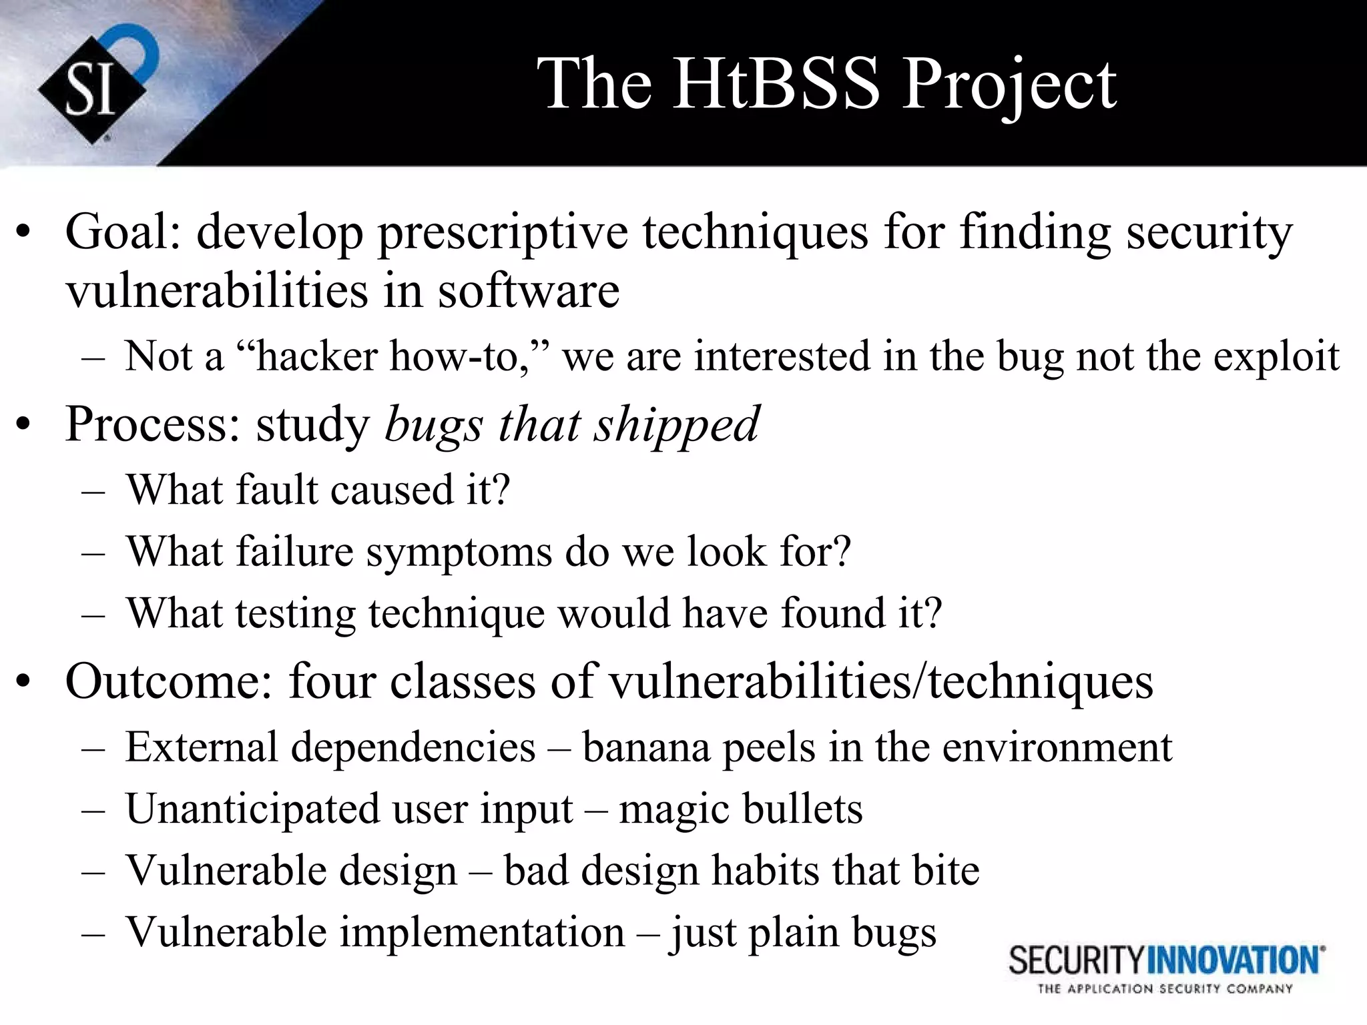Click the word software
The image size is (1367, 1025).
coord(528,291)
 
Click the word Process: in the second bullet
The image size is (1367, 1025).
coord(152,424)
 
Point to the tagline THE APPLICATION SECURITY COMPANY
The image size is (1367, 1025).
coord(1165,989)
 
